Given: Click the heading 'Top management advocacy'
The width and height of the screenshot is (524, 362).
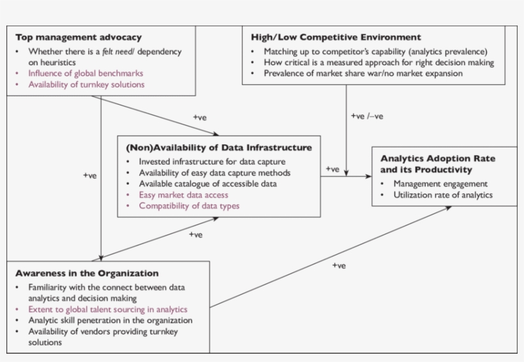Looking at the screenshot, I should click(79, 38).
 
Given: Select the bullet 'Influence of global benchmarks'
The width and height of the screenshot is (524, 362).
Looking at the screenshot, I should click(86, 73).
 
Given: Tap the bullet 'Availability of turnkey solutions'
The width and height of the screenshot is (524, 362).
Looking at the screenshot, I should click(86, 84).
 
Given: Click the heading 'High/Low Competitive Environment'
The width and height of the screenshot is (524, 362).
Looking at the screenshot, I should click(336, 38).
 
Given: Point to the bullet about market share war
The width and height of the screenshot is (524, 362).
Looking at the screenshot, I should click(363, 73).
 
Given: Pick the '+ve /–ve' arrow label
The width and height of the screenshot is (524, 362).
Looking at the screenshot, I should click(367, 116).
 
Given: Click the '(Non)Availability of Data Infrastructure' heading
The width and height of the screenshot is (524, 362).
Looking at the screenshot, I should click(219, 147).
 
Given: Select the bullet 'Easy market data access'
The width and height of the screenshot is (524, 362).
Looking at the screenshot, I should click(183, 195).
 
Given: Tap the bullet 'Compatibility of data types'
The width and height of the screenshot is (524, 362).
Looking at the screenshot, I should click(189, 206).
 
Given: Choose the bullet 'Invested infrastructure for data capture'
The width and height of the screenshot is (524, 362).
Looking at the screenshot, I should click(212, 162).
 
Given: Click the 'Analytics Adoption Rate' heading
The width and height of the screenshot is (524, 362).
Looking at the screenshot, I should click(438, 158).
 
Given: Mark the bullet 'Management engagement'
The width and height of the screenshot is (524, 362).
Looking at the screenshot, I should click(440, 184).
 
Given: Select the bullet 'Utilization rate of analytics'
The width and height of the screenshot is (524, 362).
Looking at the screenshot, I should click(443, 195).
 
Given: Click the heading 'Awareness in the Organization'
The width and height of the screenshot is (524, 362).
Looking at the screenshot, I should click(87, 273).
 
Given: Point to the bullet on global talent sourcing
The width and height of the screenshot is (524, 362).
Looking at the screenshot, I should click(107, 309).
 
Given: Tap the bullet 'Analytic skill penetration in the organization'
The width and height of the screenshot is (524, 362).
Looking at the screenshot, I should click(110, 320).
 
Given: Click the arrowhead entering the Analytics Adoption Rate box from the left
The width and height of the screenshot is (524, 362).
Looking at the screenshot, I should click(369, 176).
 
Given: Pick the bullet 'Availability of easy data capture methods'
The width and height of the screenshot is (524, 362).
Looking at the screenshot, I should click(215, 173).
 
